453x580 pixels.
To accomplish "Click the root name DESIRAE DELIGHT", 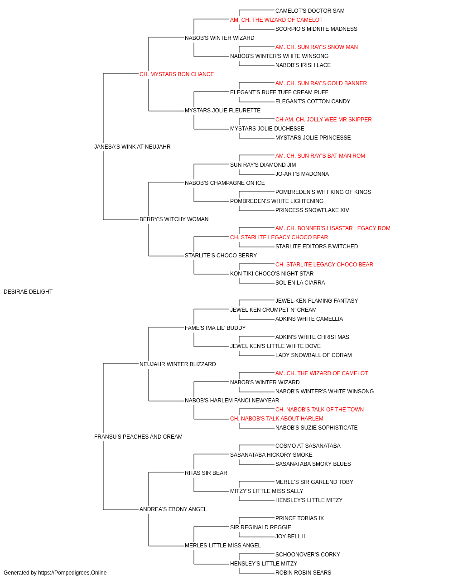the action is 28,292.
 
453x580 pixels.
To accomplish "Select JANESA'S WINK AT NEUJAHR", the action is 132,147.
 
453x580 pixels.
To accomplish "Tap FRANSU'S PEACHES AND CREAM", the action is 138,437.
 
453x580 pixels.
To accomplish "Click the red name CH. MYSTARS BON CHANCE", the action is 177,74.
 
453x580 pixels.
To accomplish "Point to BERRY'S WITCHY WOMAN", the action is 174,219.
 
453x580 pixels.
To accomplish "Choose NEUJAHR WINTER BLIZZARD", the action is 178,364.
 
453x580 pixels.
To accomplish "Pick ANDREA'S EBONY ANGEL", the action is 173,509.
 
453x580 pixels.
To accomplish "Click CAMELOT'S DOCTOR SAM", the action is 310,11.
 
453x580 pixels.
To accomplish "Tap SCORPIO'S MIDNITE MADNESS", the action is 316,29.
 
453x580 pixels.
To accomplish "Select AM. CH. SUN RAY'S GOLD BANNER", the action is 321,83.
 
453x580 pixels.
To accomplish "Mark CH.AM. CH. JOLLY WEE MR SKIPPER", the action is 323,120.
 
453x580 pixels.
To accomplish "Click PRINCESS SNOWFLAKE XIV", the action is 312,210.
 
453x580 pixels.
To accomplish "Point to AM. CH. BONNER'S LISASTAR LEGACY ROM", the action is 333,228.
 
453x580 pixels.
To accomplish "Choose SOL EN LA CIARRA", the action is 300,283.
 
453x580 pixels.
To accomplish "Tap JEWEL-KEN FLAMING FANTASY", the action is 317,301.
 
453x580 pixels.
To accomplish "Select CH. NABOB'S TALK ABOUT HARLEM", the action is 277,419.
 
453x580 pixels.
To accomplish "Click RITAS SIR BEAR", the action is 206,473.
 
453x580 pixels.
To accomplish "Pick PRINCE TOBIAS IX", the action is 299,518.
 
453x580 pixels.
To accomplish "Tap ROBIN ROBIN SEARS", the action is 303,573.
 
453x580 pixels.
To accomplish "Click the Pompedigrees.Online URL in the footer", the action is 72,573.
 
